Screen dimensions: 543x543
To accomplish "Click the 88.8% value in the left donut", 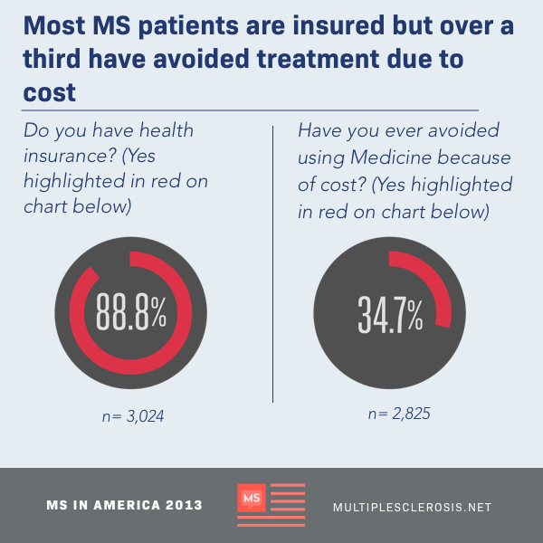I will click(131, 313).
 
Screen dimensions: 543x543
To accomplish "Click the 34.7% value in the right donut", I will click(390, 313).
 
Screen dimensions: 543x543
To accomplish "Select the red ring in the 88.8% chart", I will click(131, 367).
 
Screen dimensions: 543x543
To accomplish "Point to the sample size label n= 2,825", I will click(398, 414).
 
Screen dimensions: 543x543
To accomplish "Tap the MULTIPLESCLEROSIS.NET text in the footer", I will click(412, 507).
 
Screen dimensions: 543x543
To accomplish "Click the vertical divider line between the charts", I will click(272, 262).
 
